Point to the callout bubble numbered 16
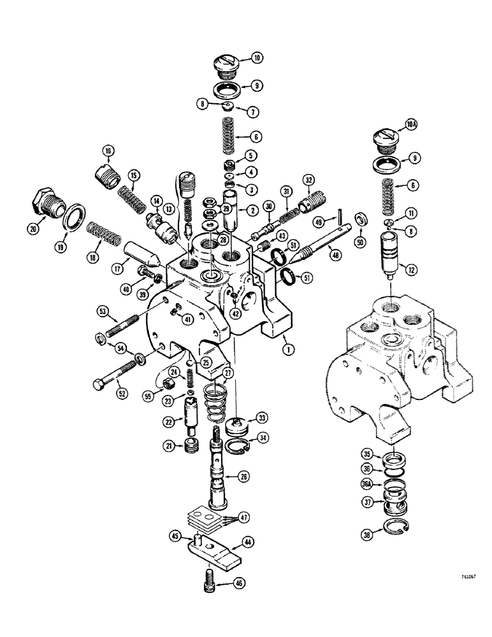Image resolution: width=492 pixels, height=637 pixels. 106,150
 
